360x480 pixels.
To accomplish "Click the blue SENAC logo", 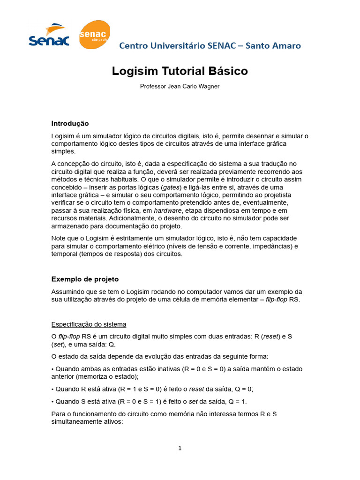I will coord(49,36).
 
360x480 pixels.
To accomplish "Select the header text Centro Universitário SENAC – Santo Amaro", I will coord(210,45).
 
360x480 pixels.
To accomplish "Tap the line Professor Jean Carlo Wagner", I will coord(180,86).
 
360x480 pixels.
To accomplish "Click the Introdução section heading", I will coord(70,123).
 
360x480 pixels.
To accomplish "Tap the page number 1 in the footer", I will coord(180,448).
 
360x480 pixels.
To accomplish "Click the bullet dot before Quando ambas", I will coord(52,369).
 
